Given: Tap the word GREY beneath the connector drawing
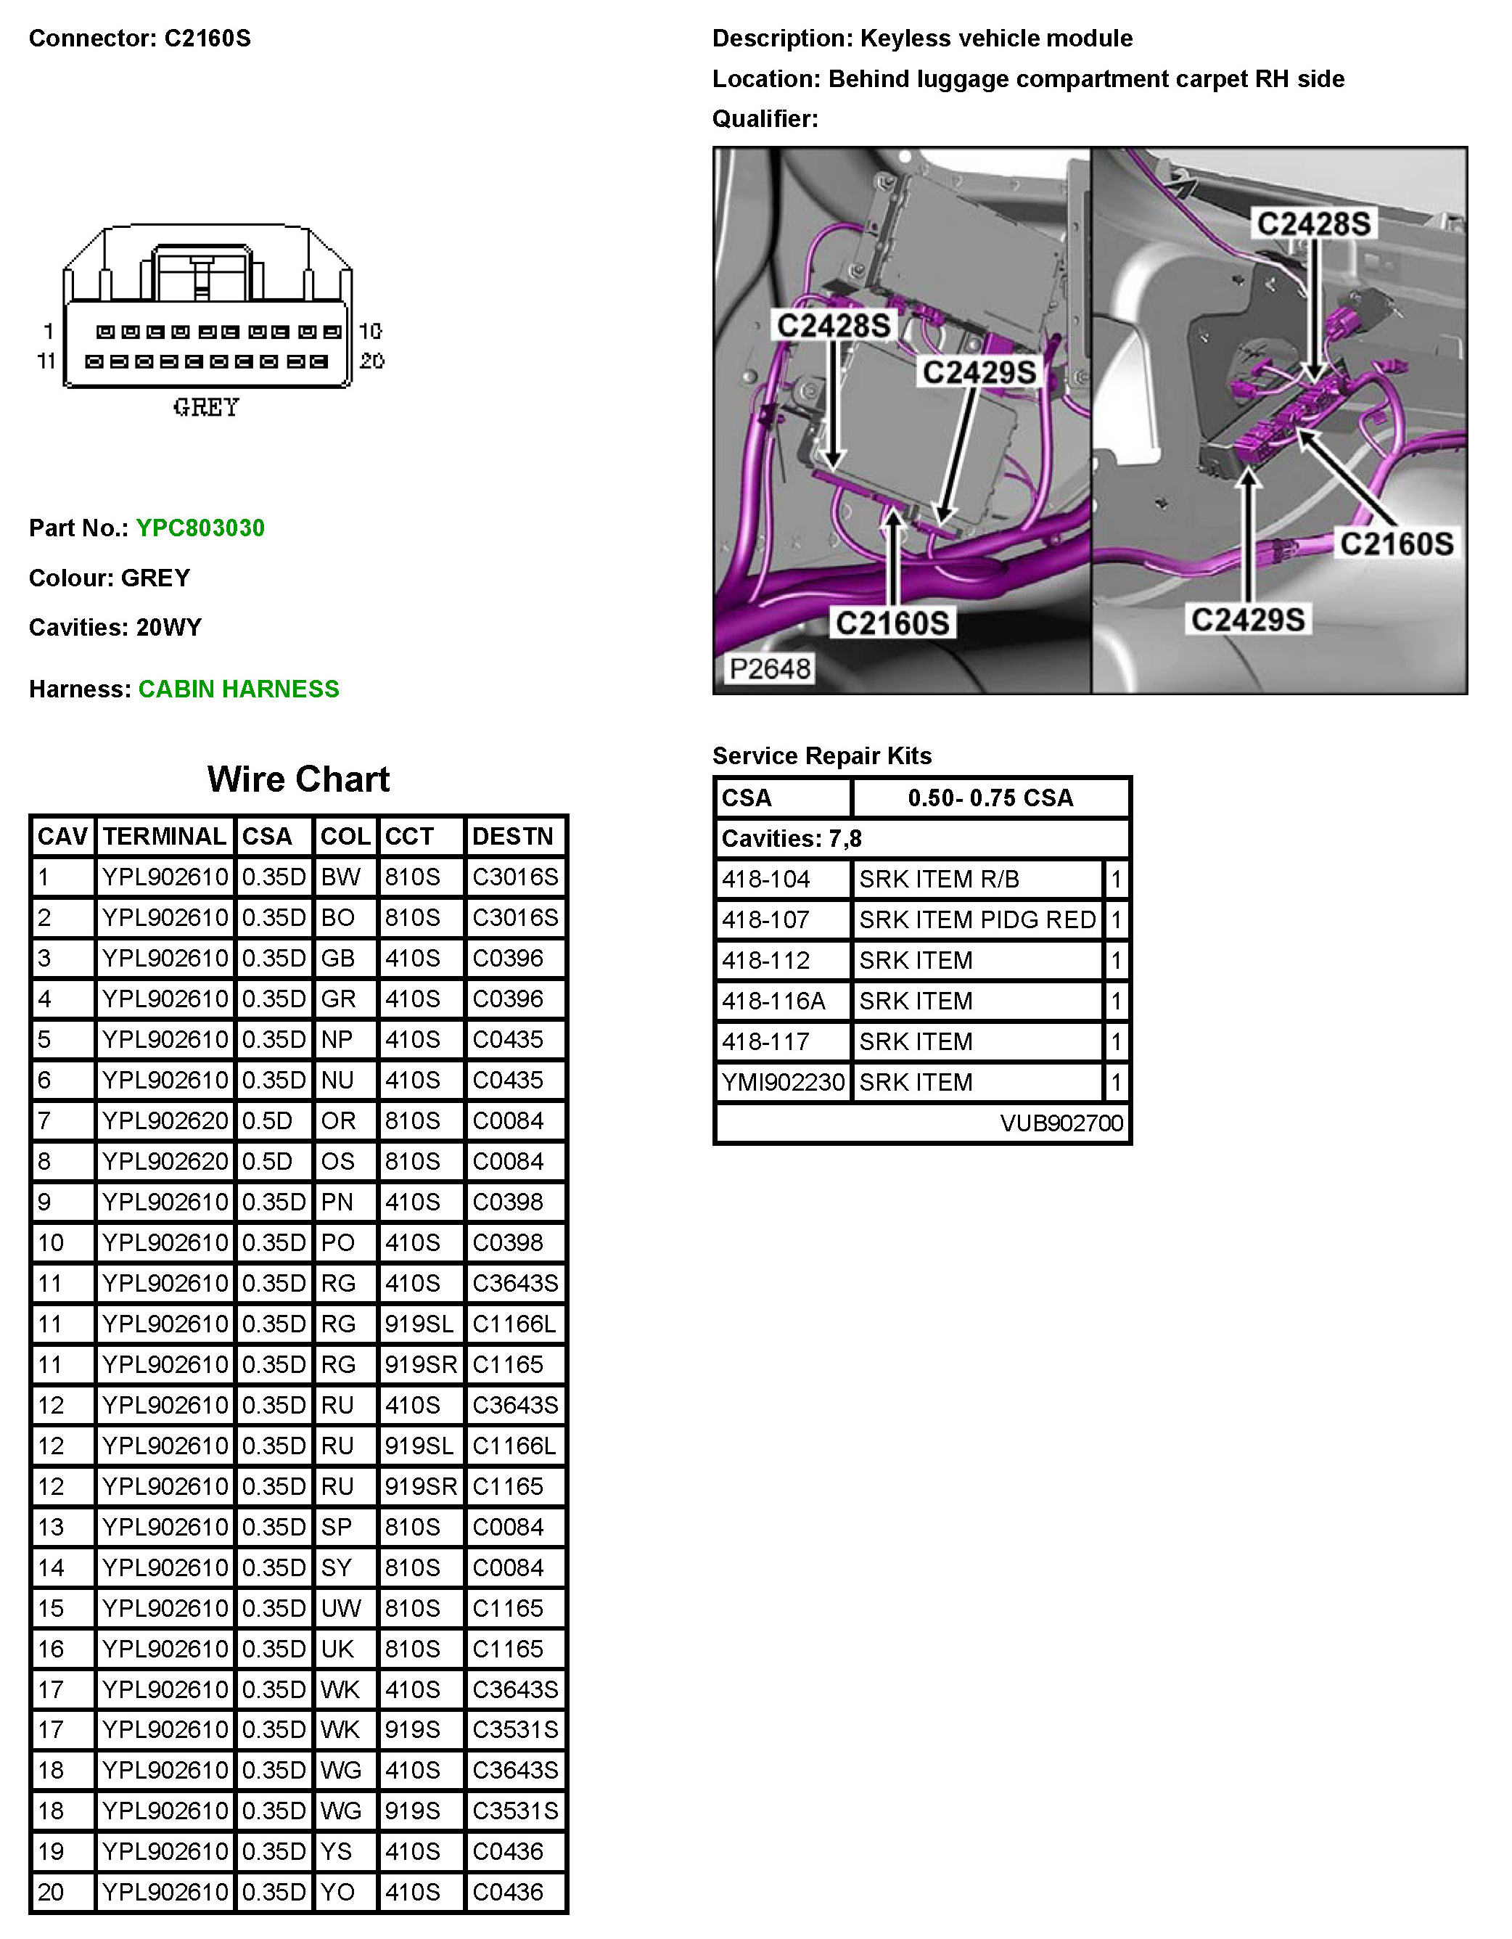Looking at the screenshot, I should pos(206,408).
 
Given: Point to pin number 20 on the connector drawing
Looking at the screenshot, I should pos(372,361).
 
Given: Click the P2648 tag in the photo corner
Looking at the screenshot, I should pos(770,668).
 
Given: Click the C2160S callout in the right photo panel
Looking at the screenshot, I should pos(1397,544).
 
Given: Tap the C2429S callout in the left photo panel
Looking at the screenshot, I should pos(979,372).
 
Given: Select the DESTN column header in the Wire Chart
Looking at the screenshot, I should pos(513,836).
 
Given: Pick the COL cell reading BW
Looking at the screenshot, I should pos(341,877).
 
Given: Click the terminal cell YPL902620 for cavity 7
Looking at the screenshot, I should pos(165,1121).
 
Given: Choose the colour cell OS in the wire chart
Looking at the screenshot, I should pos(338,1161).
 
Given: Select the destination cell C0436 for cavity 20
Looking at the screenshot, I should pos(508,1892).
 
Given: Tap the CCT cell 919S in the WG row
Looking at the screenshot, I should pos(413,1811).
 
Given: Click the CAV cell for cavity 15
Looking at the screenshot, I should pos(51,1608).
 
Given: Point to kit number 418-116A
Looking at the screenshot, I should pos(773,1001).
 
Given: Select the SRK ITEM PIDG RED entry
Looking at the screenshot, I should pos(977,919).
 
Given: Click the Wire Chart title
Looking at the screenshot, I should pos(298,779).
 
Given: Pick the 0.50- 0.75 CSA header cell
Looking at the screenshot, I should pos(990,798).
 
